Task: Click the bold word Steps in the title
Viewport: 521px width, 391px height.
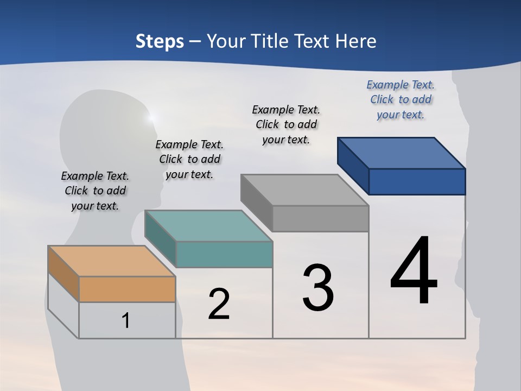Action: coord(160,41)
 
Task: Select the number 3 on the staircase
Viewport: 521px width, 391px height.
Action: coord(318,288)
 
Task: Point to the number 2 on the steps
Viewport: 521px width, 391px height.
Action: coord(219,304)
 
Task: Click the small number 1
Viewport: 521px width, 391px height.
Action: coord(126,321)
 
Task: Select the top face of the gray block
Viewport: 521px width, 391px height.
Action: coord(304,190)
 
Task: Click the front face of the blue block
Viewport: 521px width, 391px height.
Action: coord(417,181)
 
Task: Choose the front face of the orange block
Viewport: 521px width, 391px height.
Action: coord(127,289)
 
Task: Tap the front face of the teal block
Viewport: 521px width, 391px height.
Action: coord(224,254)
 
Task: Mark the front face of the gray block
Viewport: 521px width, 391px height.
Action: coord(320,218)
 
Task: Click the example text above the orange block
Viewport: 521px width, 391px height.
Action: coord(95,191)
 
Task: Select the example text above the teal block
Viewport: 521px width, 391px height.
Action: coord(189,160)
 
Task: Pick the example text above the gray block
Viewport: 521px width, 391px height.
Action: coord(286,124)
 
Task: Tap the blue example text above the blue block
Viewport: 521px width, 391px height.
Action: coord(401,100)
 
